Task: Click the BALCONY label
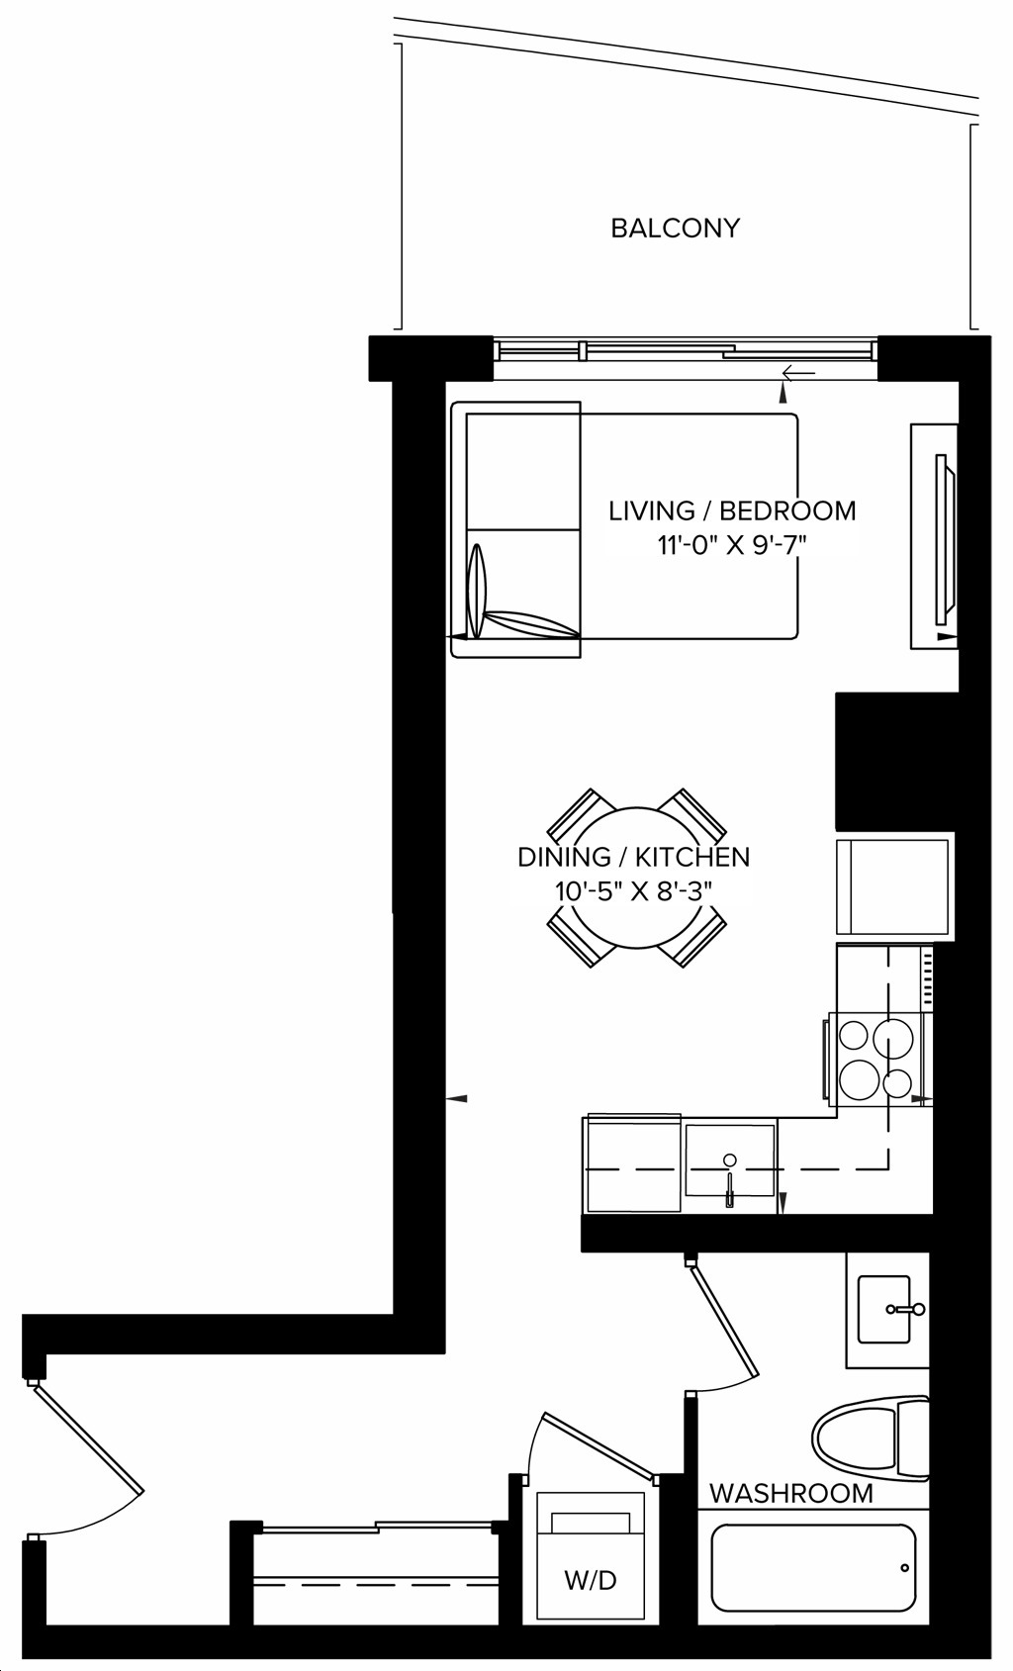tap(675, 228)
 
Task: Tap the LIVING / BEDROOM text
tap(732, 511)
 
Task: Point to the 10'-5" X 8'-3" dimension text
tap(633, 891)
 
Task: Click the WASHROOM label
tap(790, 1494)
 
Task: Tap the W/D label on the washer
tap(591, 1580)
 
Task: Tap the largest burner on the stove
tap(893, 1037)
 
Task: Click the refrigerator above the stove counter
tap(894, 886)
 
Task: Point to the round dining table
tap(636, 878)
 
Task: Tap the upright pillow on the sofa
tap(475, 591)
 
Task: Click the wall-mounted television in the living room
tap(945, 539)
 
